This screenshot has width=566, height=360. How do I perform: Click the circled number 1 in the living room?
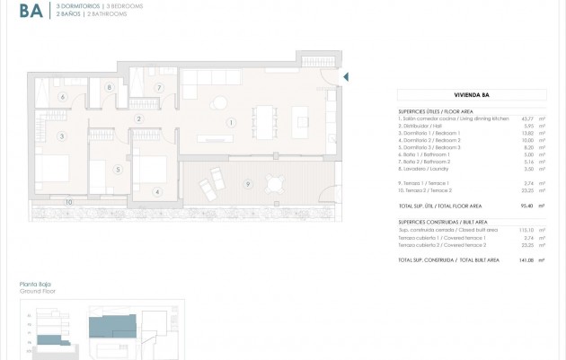pos(231,122)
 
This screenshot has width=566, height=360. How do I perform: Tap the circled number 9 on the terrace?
pos(247,184)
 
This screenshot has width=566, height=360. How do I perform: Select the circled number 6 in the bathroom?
pos(63,96)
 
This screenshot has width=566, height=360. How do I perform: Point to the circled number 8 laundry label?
pos(109,87)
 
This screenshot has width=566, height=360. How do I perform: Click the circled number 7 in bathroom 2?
pos(157,87)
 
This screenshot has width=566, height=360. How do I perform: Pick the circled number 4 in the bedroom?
pos(156,190)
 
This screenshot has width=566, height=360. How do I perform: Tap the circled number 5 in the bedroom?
pos(117,168)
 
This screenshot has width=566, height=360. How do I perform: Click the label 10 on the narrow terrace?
pos(67,202)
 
